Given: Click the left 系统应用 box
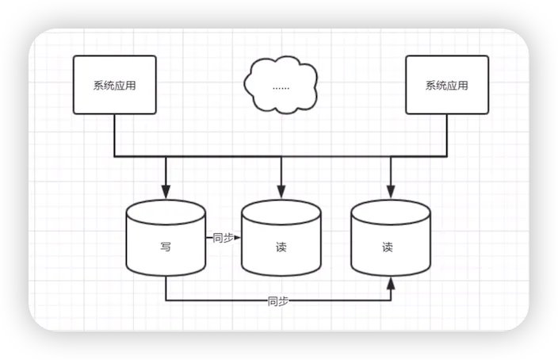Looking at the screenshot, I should tap(114, 85).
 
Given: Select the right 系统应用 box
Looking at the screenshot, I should tap(447, 85).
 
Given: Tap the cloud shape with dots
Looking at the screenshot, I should tap(281, 84).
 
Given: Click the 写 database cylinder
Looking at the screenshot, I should tap(166, 238).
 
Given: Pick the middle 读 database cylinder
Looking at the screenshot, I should tap(281, 238).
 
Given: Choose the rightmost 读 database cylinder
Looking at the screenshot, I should tap(391, 238).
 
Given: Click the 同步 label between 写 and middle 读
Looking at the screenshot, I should tap(223, 237).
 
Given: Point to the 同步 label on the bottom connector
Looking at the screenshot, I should tap(277, 301).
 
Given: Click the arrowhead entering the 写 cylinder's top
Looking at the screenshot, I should tap(166, 193).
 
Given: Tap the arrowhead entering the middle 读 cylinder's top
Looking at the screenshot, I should tap(281, 193).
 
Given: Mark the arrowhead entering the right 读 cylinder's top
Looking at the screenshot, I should tap(390, 193).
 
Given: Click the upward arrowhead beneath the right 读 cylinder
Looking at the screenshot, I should tap(391, 283).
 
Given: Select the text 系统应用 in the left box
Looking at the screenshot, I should tap(114, 86).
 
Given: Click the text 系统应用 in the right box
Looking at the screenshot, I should tap(447, 86).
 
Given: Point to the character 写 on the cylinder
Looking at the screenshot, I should tap(166, 247).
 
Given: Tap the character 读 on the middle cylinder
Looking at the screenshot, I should tap(281, 247).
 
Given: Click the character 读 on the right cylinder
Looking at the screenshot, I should tap(388, 247).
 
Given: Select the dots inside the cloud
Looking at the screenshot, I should tap(281, 86).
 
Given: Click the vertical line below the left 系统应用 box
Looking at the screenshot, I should tap(114, 135).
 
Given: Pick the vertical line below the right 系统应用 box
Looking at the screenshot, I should tap(447, 135).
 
